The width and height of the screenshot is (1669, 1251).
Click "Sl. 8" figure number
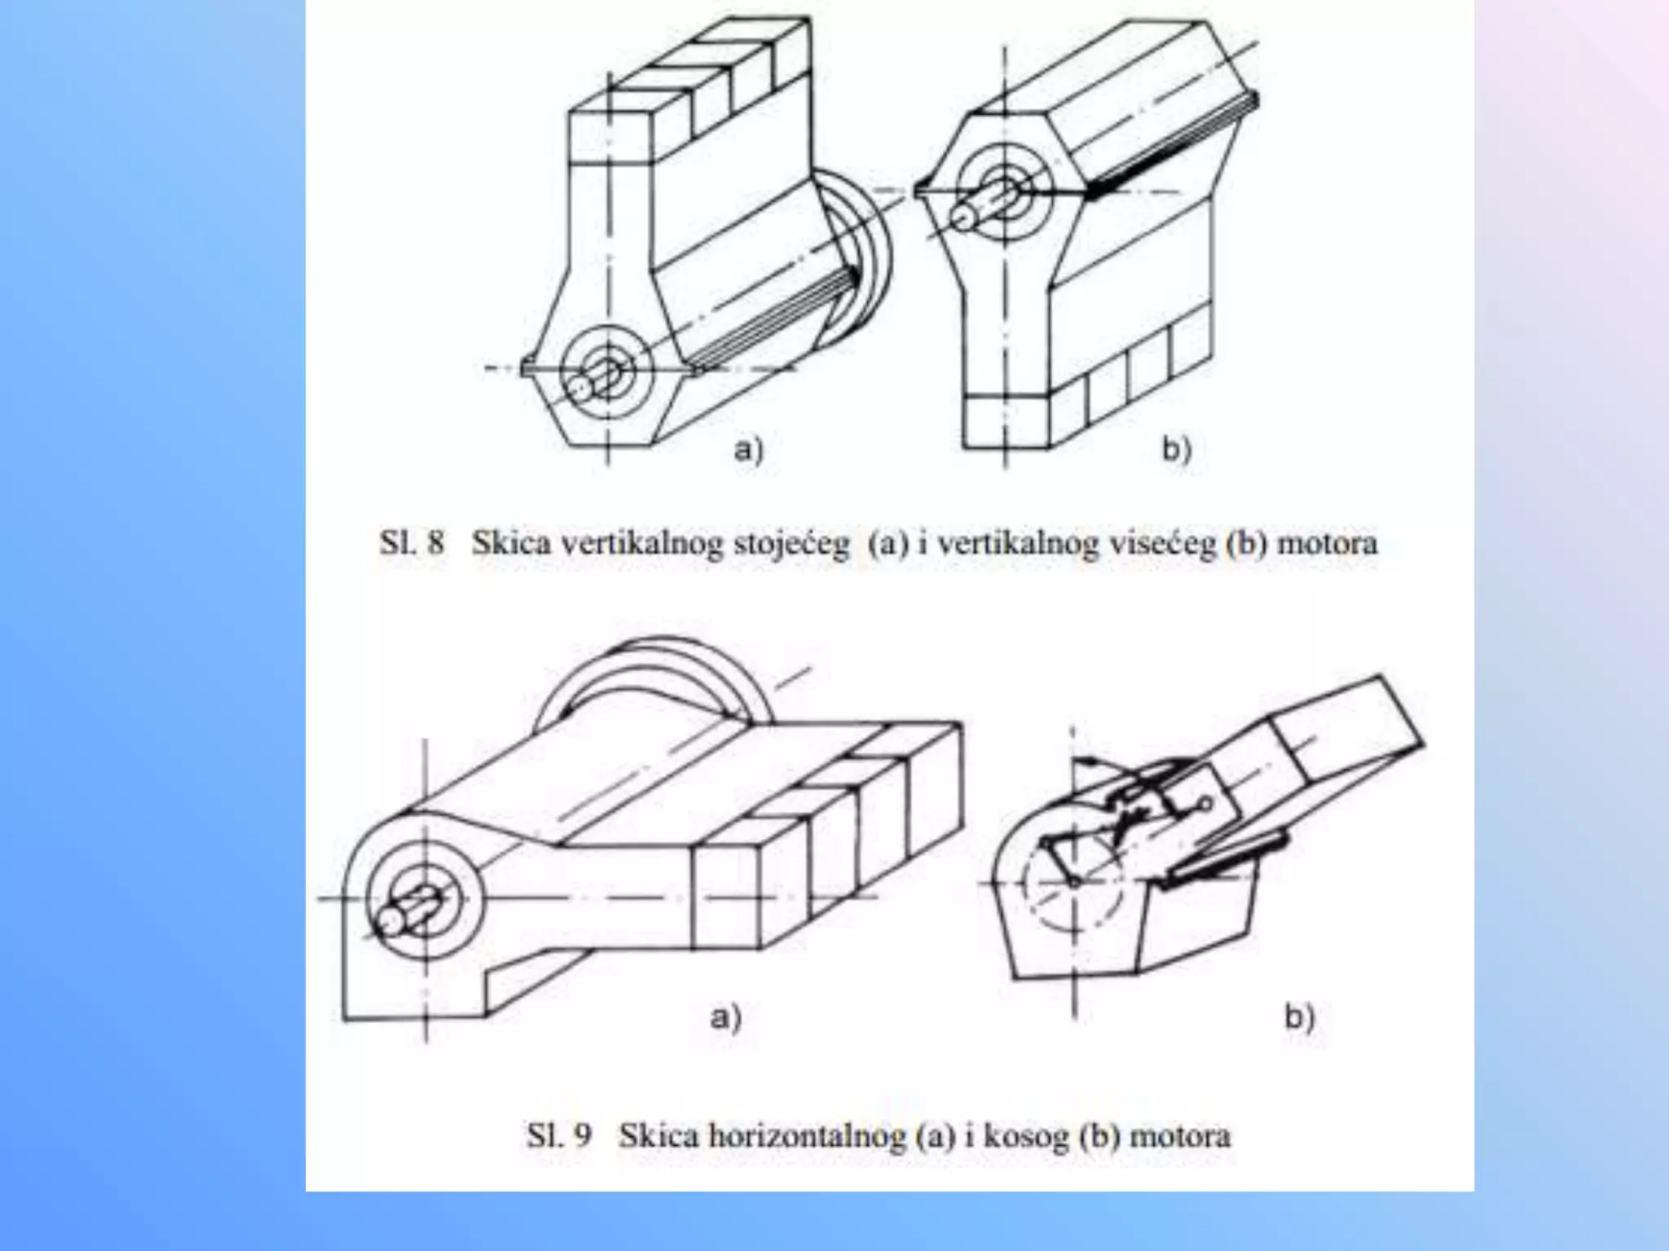(x=412, y=542)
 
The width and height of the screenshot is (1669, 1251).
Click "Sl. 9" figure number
(x=558, y=1135)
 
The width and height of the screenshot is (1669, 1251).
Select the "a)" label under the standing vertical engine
(x=748, y=449)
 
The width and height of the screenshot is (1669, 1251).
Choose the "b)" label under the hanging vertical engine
(x=1176, y=449)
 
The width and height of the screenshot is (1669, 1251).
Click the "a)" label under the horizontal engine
(x=725, y=1017)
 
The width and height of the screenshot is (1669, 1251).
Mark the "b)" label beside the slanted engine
(x=1300, y=1017)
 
